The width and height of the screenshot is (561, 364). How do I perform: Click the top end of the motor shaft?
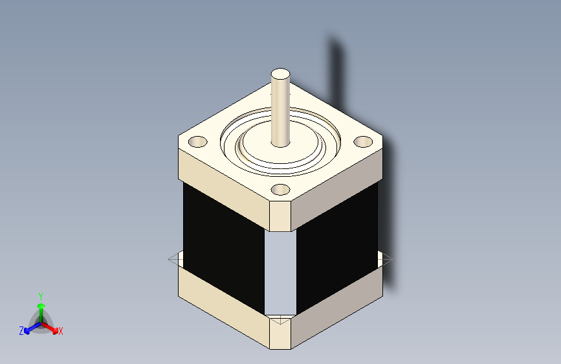[280, 74]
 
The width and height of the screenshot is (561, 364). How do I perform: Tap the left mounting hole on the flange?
[198, 142]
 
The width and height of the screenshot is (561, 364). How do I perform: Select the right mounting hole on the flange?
[363, 142]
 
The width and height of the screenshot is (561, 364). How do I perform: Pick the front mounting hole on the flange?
[281, 190]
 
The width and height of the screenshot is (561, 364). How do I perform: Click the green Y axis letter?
[41, 297]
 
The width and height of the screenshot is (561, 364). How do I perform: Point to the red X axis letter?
[60, 332]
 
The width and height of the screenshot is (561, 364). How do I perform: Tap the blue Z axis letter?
[21, 331]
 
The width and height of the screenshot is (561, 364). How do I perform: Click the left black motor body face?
[224, 247]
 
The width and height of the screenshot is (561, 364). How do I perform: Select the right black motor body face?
[337, 247]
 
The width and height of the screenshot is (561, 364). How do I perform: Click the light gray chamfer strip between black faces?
[281, 272]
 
